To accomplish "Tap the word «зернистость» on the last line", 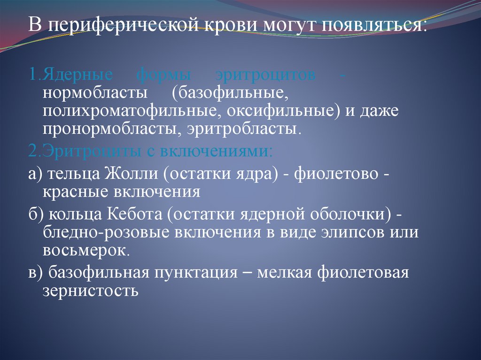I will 90,291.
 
